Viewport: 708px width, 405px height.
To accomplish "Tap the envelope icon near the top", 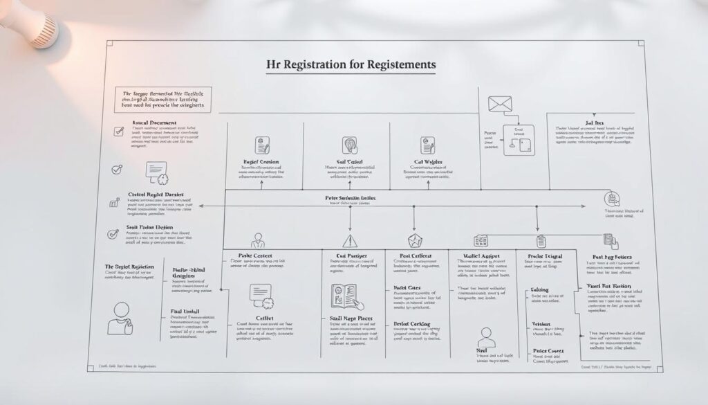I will click(x=498, y=105).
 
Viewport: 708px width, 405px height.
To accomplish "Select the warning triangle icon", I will click(x=349, y=241).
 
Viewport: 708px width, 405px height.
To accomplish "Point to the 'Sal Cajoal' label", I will click(x=348, y=161).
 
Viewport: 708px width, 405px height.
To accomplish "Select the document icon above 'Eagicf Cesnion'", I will click(x=263, y=146).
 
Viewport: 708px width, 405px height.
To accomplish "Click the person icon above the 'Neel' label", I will click(x=487, y=337).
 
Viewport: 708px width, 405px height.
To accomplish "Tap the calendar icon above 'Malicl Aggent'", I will click(x=480, y=241).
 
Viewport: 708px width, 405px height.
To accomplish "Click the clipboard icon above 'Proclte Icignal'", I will click(x=541, y=241).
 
